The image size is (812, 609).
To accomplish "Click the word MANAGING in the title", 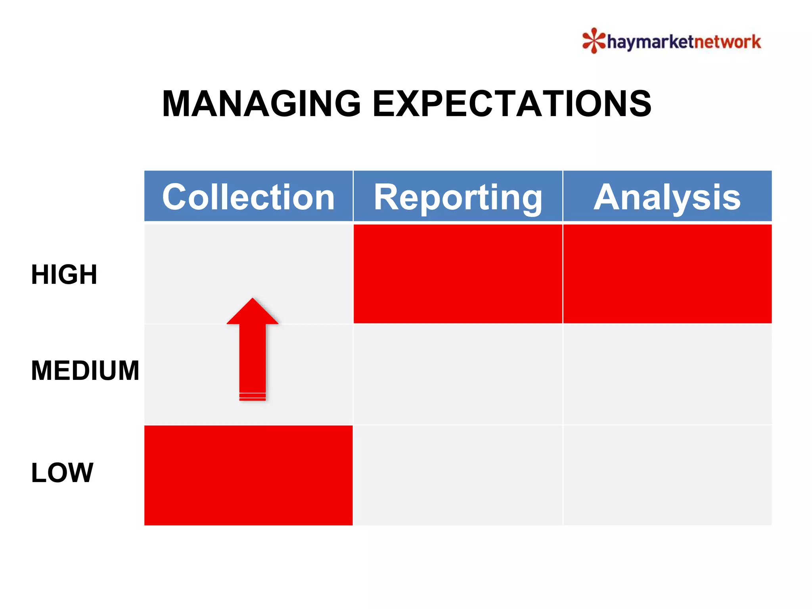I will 261,104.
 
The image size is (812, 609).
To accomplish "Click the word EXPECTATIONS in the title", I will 512,104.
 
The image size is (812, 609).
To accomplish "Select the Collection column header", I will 248,197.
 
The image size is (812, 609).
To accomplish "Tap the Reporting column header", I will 458,197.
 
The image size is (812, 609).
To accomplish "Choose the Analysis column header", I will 667,197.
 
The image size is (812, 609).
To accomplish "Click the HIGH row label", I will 64,274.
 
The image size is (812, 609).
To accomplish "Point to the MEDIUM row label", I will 85,371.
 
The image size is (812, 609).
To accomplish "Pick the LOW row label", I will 62,473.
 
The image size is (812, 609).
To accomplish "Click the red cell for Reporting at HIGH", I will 458,274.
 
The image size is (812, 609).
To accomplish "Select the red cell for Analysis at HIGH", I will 667,274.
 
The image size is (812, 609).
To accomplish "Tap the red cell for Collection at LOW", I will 248,475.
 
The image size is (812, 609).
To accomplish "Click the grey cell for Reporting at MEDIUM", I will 458,374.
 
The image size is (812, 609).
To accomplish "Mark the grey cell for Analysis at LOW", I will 667,475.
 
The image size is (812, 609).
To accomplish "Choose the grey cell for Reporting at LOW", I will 458,475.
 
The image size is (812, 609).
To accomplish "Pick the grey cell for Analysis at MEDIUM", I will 667,374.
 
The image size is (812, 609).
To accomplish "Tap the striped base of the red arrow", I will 253,396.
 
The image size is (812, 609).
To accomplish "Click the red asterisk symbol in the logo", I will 594,40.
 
